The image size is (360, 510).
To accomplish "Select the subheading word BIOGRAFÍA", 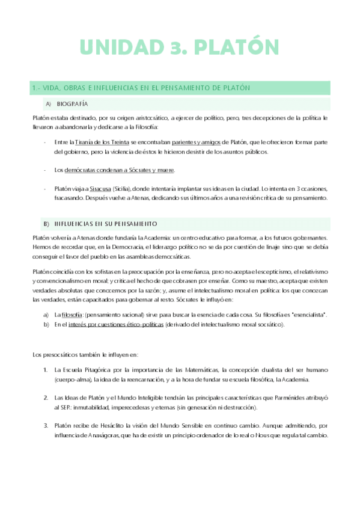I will (75, 103).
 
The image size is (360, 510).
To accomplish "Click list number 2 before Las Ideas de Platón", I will (45, 398).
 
